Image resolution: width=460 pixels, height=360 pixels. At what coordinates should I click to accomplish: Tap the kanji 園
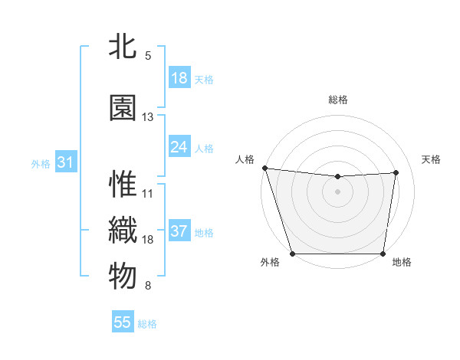pos(123,108)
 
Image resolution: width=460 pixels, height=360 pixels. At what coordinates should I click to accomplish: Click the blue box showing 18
pos(179,77)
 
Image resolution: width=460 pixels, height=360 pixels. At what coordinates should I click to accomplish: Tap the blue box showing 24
pos(179,146)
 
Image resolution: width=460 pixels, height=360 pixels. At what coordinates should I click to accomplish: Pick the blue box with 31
pos(65,162)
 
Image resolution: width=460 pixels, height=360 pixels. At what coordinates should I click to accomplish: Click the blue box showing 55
pos(123,322)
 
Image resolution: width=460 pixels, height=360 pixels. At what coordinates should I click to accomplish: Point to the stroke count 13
pos(148,117)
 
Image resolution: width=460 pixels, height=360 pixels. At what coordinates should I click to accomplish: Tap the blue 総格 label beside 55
pos(148,324)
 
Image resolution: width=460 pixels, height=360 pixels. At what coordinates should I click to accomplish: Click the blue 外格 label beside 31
pos(41,163)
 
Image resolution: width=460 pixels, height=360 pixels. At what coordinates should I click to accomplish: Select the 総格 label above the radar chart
pos(338,100)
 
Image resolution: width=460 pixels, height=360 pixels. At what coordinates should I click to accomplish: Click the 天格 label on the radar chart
pos(431,159)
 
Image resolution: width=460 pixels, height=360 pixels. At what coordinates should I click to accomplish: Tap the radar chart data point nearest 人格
pos(264,168)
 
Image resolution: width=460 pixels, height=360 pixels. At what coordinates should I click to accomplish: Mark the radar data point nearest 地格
pos(383,254)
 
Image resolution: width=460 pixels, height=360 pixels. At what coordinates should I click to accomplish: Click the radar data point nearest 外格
pos(292,254)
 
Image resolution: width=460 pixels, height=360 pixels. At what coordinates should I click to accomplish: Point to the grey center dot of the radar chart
pos(337,191)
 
